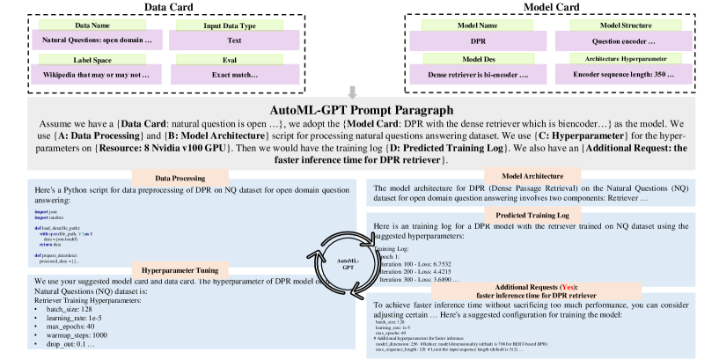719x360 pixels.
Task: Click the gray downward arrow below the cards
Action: click(x=353, y=92)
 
